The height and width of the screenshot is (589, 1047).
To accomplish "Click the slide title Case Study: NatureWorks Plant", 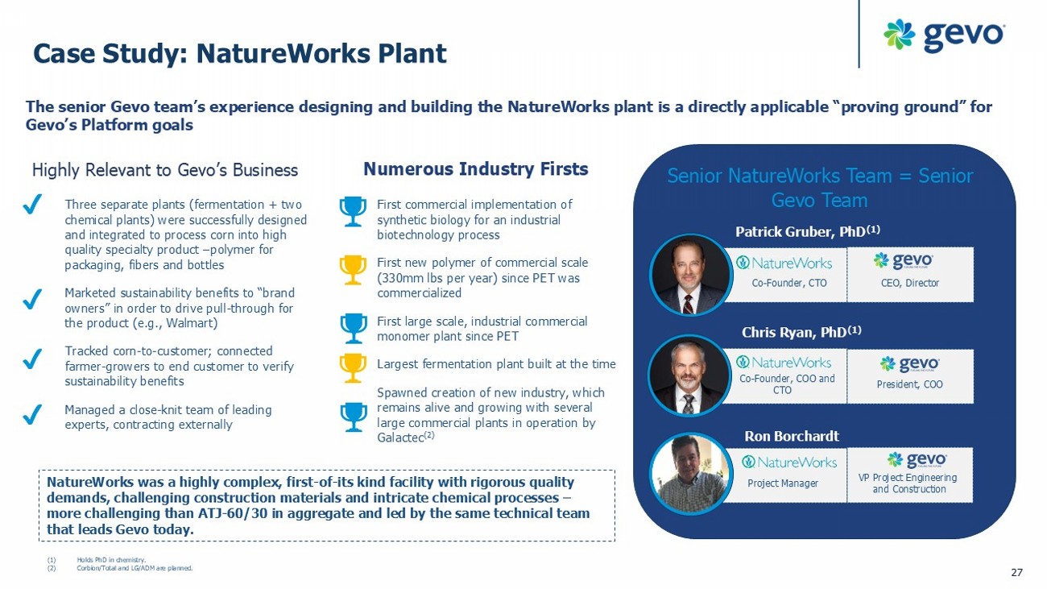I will click(x=239, y=53).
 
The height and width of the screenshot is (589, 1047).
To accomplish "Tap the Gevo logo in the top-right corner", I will click(x=943, y=35).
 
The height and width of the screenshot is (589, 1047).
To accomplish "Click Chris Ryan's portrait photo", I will click(x=688, y=375).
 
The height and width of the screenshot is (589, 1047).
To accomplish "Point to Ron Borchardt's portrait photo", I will click(x=689, y=475).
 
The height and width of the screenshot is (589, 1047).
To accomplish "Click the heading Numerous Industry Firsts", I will click(x=475, y=169).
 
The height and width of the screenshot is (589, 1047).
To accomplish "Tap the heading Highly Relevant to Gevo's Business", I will click(x=165, y=170).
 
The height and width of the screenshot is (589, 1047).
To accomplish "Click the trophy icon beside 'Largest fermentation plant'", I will click(x=353, y=367).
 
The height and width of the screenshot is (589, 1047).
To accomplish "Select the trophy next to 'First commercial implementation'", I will click(x=353, y=212).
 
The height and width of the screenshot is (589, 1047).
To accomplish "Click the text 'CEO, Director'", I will click(x=909, y=283).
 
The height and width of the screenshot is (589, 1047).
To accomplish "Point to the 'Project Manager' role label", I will click(x=782, y=483).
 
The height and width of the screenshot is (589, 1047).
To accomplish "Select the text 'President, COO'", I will click(x=909, y=384).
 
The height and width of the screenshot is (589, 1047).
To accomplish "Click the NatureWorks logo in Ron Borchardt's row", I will click(x=789, y=462).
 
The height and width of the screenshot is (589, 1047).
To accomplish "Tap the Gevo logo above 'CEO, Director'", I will click(x=904, y=260).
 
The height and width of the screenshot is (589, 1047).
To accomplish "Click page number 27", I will click(x=1016, y=572).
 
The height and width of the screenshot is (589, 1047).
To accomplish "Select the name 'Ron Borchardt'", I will click(x=792, y=436).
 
